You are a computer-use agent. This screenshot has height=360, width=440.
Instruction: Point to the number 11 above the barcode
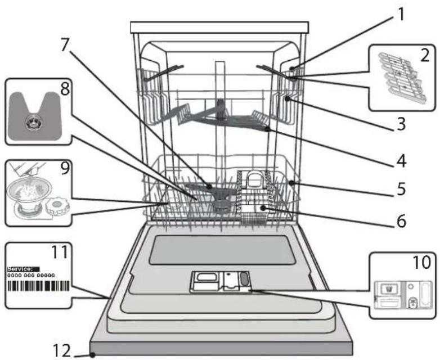click(59, 252)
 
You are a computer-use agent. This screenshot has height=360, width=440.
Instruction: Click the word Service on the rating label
click(20, 269)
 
